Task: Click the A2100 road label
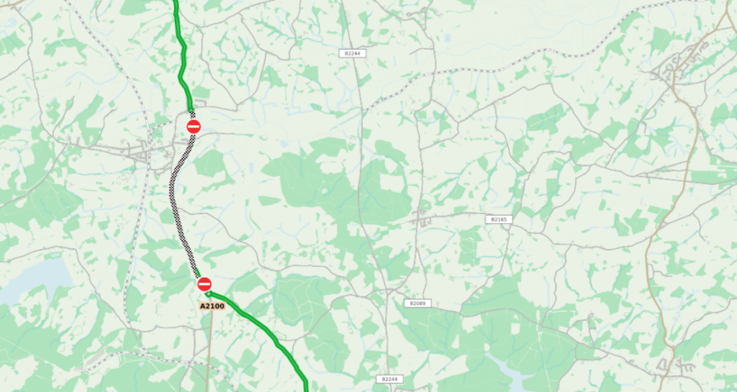click(212, 306)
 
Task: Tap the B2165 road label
click(498, 219)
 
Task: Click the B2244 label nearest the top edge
click(352, 53)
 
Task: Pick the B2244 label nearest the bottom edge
click(389, 379)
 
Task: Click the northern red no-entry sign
click(194, 127)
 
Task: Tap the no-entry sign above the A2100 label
click(204, 284)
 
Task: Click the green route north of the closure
click(183, 65)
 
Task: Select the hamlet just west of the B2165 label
click(425, 216)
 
